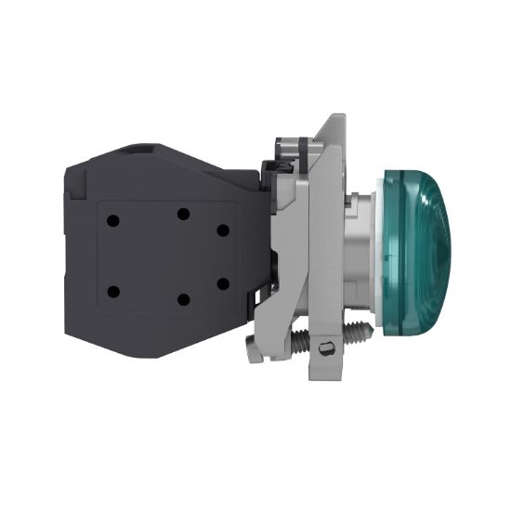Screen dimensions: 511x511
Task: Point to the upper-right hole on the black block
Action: (x=223, y=229)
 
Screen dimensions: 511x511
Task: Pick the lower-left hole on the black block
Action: (x=113, y=291)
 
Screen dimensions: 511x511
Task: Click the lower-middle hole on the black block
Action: (x=183, y=299)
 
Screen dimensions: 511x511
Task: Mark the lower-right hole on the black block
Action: (x=223, y=283)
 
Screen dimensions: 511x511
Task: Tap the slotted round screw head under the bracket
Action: (x=325, y=348)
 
